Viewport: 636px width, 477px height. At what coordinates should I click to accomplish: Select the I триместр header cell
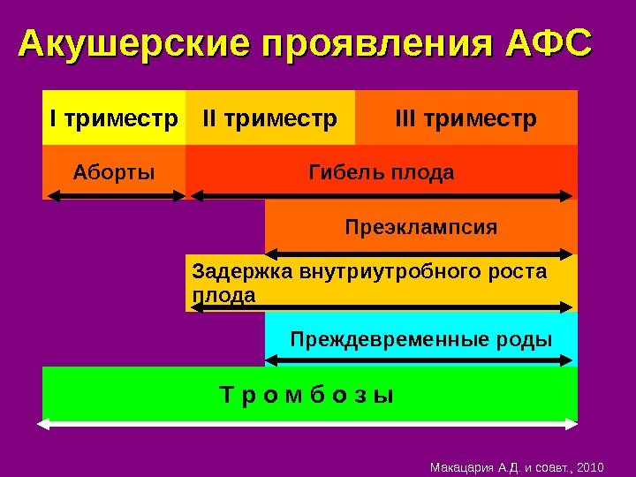114,117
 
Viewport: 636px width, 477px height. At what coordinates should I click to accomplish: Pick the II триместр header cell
269,117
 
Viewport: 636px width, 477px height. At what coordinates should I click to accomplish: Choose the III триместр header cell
466,117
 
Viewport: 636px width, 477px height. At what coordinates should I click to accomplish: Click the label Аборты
113,172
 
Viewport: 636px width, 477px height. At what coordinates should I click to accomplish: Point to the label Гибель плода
382,172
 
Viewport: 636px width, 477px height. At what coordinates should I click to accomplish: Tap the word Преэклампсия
420,228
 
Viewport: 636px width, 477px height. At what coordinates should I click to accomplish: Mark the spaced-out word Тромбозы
307,395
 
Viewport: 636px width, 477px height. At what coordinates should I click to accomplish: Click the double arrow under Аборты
114,196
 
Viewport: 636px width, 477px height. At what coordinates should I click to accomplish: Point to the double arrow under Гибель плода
382,195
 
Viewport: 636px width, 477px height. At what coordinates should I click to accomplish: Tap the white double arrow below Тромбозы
307,425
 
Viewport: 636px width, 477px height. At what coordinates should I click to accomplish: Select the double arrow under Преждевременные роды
420,360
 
